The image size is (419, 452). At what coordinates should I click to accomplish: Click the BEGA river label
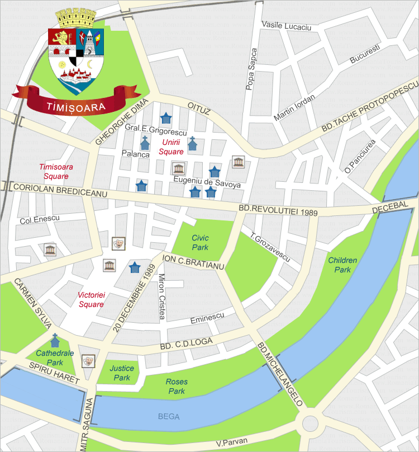(169, 416)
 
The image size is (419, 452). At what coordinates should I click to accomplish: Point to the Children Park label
(342, 265)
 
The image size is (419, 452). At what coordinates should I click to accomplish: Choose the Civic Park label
(200, 242)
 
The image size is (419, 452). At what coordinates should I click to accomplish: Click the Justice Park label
(122, 374)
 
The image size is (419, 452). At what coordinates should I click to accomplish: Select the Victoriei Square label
(91, 300)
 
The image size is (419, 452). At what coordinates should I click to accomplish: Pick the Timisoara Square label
(54, 172)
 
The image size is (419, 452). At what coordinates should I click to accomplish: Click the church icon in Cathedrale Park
(55, 340)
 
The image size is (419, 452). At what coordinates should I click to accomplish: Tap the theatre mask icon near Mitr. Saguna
(88, 361)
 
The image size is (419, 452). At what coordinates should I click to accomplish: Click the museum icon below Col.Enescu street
(50, 249)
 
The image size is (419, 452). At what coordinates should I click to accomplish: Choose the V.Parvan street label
(231, 443)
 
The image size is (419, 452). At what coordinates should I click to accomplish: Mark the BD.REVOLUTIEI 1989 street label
(278, 210)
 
